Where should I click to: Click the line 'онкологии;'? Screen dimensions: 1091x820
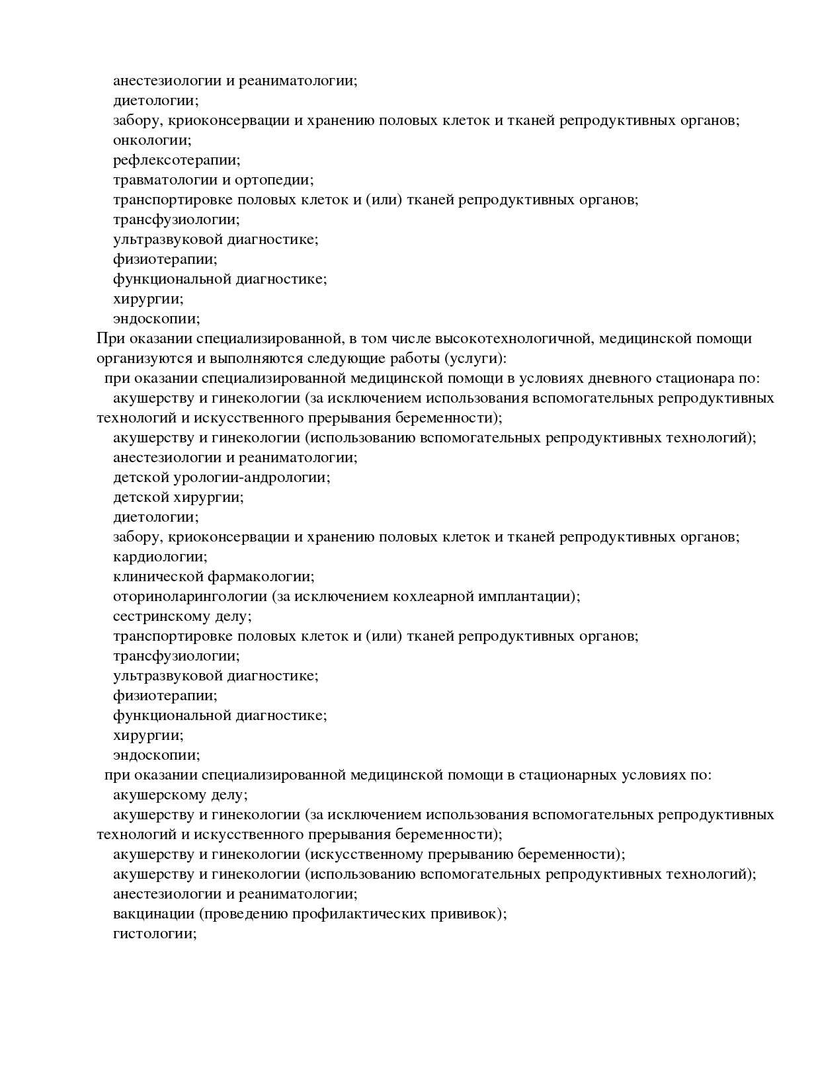click(152, 140)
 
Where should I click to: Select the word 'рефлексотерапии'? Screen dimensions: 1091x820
click(175, 160)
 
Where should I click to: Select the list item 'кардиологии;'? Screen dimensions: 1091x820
click(160, 557)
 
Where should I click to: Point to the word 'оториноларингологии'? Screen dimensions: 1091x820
click(190, 596)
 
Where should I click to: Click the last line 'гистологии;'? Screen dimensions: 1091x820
click(155, 934)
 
